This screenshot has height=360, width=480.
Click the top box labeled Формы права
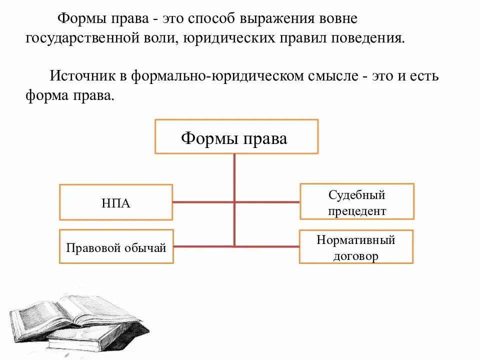pos(236,136)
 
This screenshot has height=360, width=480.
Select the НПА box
pos(116,202)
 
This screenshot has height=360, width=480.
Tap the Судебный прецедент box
pos(357,201)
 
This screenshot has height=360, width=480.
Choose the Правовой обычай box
pos(116,246)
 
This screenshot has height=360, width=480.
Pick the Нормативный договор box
pos(356,246)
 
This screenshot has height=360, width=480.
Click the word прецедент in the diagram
pos(357,211)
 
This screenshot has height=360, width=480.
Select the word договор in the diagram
pos(356,256)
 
